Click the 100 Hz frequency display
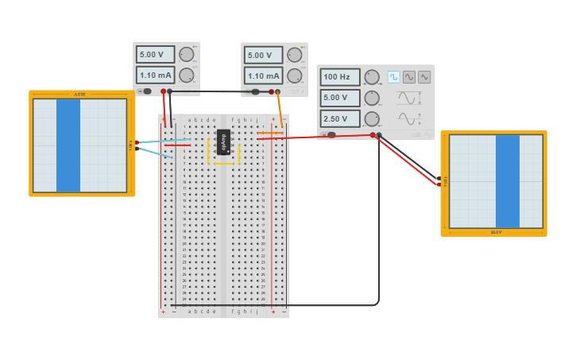[x=339, y=77]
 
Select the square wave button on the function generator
[x=393, y=77]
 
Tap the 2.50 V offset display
[x=339, y=119]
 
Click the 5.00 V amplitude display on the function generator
[x=339, y=98]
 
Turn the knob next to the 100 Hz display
[x=371, y=77]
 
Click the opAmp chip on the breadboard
[x=223, y=141]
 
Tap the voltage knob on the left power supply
[x=187, y=54]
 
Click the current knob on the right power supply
[x=295, y=76]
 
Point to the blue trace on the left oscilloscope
[x=68, y=145]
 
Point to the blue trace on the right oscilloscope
[x=507, y=181]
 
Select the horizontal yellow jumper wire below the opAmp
[x=223, y=164]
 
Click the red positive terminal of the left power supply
[x=164, y=91]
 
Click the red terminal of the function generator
[x=373, y=135]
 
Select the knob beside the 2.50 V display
[x=371, y=119]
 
